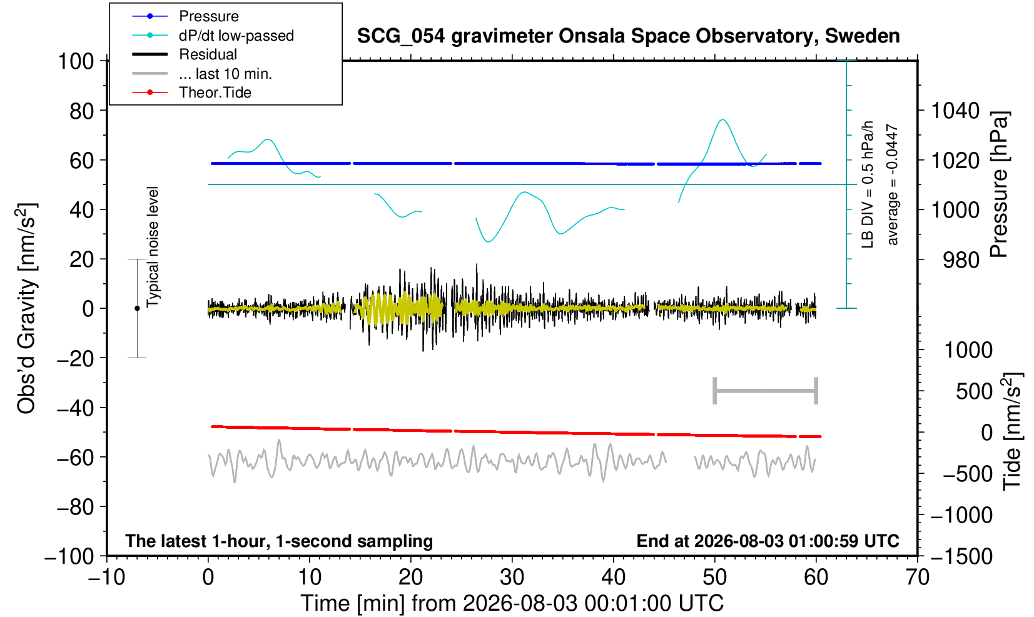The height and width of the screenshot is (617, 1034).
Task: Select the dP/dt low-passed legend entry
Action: (213, 36)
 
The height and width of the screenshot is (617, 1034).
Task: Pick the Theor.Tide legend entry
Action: (191, 93)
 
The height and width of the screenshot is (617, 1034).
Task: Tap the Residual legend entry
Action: (185, 54)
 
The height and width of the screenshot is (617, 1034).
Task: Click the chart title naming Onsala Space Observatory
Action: (628, 36)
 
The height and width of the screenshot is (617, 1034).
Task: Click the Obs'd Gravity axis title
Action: (26, 309)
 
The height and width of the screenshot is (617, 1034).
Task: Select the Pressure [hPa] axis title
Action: (1000, 184)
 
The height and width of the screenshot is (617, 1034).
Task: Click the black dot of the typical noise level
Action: (137, 308)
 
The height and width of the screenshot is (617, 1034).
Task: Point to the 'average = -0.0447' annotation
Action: (892, 184)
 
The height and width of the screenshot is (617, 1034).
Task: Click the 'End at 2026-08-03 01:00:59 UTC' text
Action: (768, 541)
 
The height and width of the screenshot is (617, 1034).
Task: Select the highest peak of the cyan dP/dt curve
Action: (722, 119)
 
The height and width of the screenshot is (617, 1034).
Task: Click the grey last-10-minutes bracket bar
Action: (766, 391)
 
